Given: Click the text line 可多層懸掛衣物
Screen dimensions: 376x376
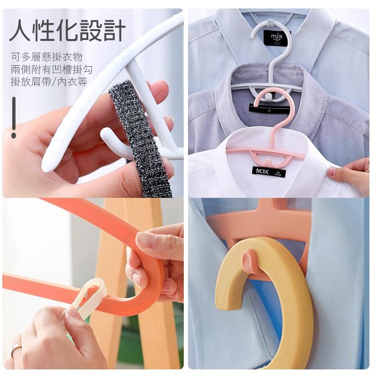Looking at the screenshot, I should pos(47,57).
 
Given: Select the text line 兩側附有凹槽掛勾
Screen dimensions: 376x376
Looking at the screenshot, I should pos(52,70).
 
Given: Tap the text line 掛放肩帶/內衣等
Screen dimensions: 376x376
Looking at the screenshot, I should pos(49,82).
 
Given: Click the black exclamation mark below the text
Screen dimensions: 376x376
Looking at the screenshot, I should pos(14,117).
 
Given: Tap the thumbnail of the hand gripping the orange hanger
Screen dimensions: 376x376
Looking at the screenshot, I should pos(146,241).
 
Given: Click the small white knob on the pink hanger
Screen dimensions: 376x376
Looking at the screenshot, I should pos(267,96).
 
